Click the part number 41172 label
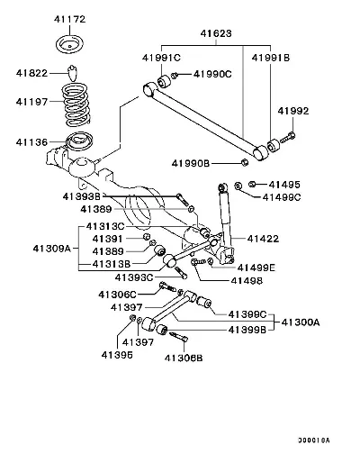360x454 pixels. pyautogui.click(x=69, y=19)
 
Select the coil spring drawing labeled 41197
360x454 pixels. pyautogui.click(x=76, y=104)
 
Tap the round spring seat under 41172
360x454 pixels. pyautogui.click(x=69, y=45)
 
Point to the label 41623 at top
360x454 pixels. pyautogui.click(x=216, y=33)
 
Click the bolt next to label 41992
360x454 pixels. pyautogui.click(x=288, y=138)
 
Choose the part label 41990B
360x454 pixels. pyautogui.click(x=191, y=163)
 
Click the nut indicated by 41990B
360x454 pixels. pyautogui.click(x=245, y=163)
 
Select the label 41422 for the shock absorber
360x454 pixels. pyautogui.click(x=263, y=239)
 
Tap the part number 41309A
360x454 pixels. pyautogui.click(x=52, y=249)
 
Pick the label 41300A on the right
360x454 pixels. pyautogui.click(x=301, y=322)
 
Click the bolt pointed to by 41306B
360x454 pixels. pyautogui.click(x=179, y=336)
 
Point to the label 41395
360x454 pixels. pyautogui.click(x=117, y=355)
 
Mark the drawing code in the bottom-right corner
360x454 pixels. pyautogui.click(x=313, y=440)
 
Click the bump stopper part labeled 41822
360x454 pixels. pyautogui.click(x=73, y=72)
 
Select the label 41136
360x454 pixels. pyautogui.click(x=31, y=142)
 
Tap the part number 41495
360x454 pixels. pyautogui.click(x=284, y=185)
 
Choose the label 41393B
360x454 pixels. pyautogui.click(x=82, y=196)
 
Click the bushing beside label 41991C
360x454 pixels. pyautogui.click(x=164, y=82)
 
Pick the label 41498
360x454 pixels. pyautogui.click(x=247, y=281)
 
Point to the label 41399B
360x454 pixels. pyautogui.click(x=247, y=330)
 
